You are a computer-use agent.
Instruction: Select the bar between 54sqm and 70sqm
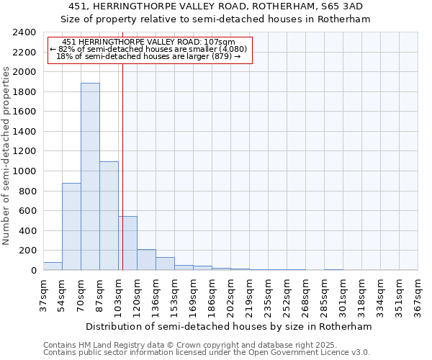[x=71, y=227]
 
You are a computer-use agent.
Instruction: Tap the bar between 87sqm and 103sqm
[x=109, y=216]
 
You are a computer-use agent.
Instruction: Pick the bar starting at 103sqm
[x=127, y=243]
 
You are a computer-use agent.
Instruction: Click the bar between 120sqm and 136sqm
[x=146, y=260]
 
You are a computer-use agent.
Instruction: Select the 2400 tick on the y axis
[x=25, y=32]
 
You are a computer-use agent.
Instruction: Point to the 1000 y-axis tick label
[x=25, y=171]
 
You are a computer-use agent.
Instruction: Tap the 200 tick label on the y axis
[x=28, y=251]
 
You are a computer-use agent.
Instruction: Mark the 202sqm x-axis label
[x=230, y=295]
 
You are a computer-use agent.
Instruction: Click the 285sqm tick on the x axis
[x=324, y=295]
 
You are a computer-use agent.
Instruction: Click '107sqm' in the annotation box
[x=220, y=42]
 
